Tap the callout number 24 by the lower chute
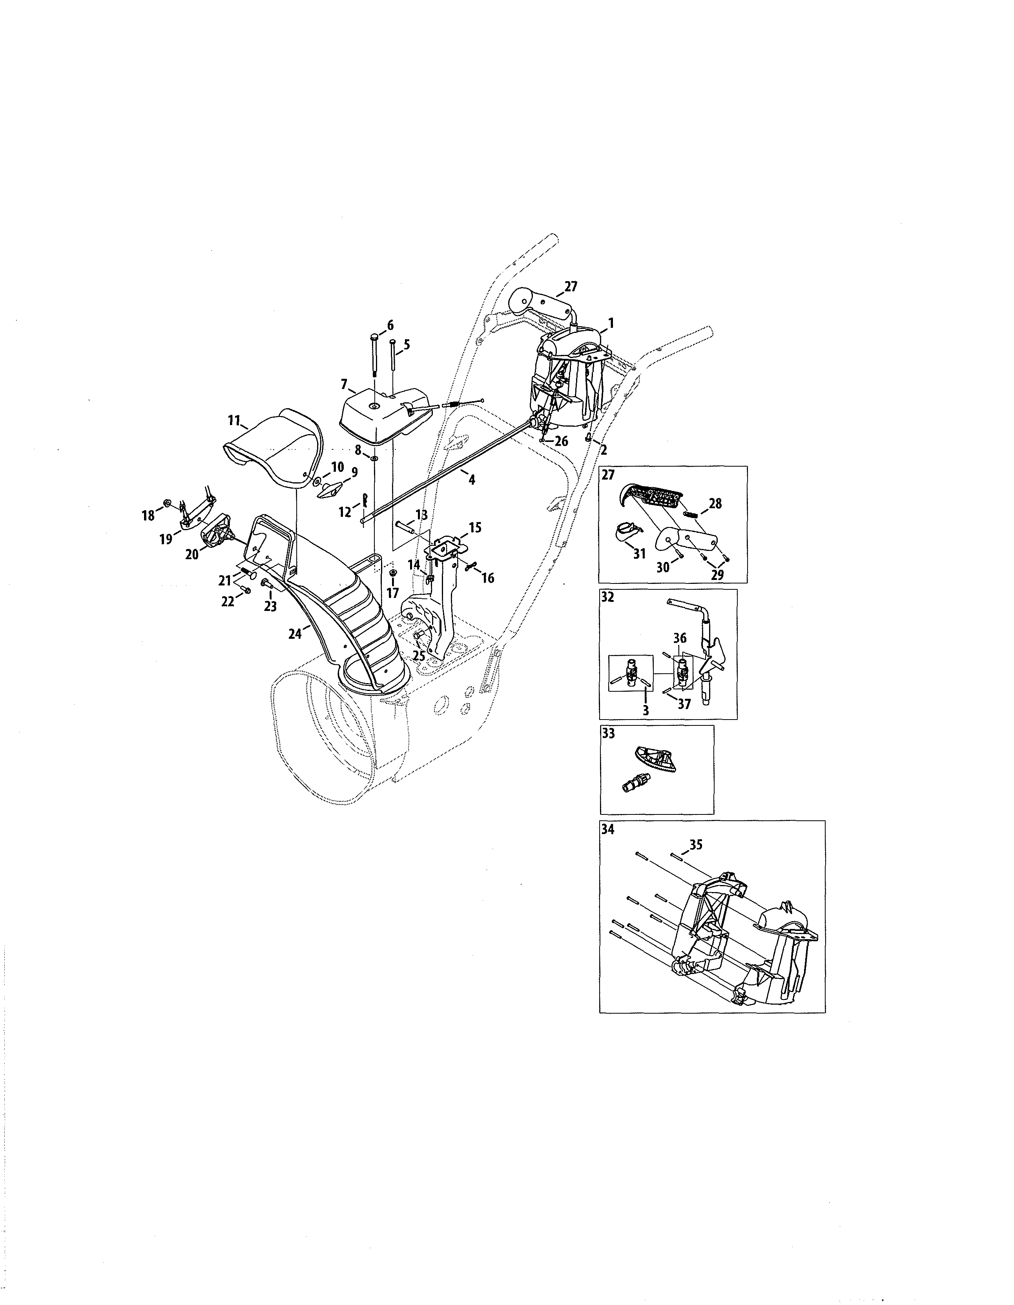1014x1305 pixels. (295, 634)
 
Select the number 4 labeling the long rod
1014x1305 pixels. (472, 479)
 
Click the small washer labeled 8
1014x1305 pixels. (373, 458)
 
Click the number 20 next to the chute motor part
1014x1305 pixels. (192, 554)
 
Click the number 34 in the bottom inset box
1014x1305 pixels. (608, 829)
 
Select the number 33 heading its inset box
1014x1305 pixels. (608, 733)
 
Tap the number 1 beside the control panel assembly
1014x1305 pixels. (611, 323)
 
